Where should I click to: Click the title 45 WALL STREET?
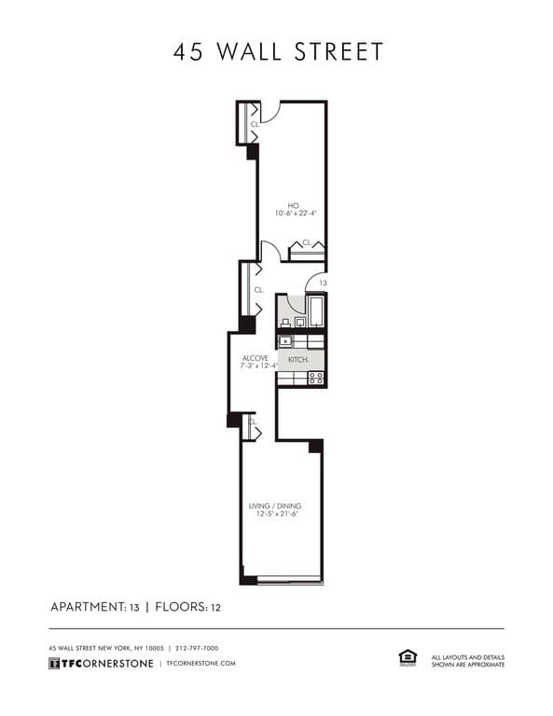point(278,51)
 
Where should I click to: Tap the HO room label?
point(293,205)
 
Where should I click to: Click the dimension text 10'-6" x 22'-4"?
point(296,213)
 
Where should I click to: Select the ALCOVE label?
point(256,358)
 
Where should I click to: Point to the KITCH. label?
point(298,360)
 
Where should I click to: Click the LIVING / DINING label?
point(275,506)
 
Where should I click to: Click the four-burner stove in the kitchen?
point(316,379)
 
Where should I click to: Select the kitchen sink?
point(285,341)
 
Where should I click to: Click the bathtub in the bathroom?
point(315,311)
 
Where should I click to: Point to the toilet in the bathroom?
point(285,323)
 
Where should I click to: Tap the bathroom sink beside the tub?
point(300,322)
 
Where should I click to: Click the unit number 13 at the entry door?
point(323,283)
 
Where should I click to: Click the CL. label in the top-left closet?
point(255,124)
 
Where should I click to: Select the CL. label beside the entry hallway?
point(259,290)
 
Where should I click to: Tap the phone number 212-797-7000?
point(197,648)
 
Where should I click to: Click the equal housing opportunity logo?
point(408,658)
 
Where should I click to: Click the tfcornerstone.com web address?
point(201,663)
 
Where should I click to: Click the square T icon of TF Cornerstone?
point(54,663)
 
